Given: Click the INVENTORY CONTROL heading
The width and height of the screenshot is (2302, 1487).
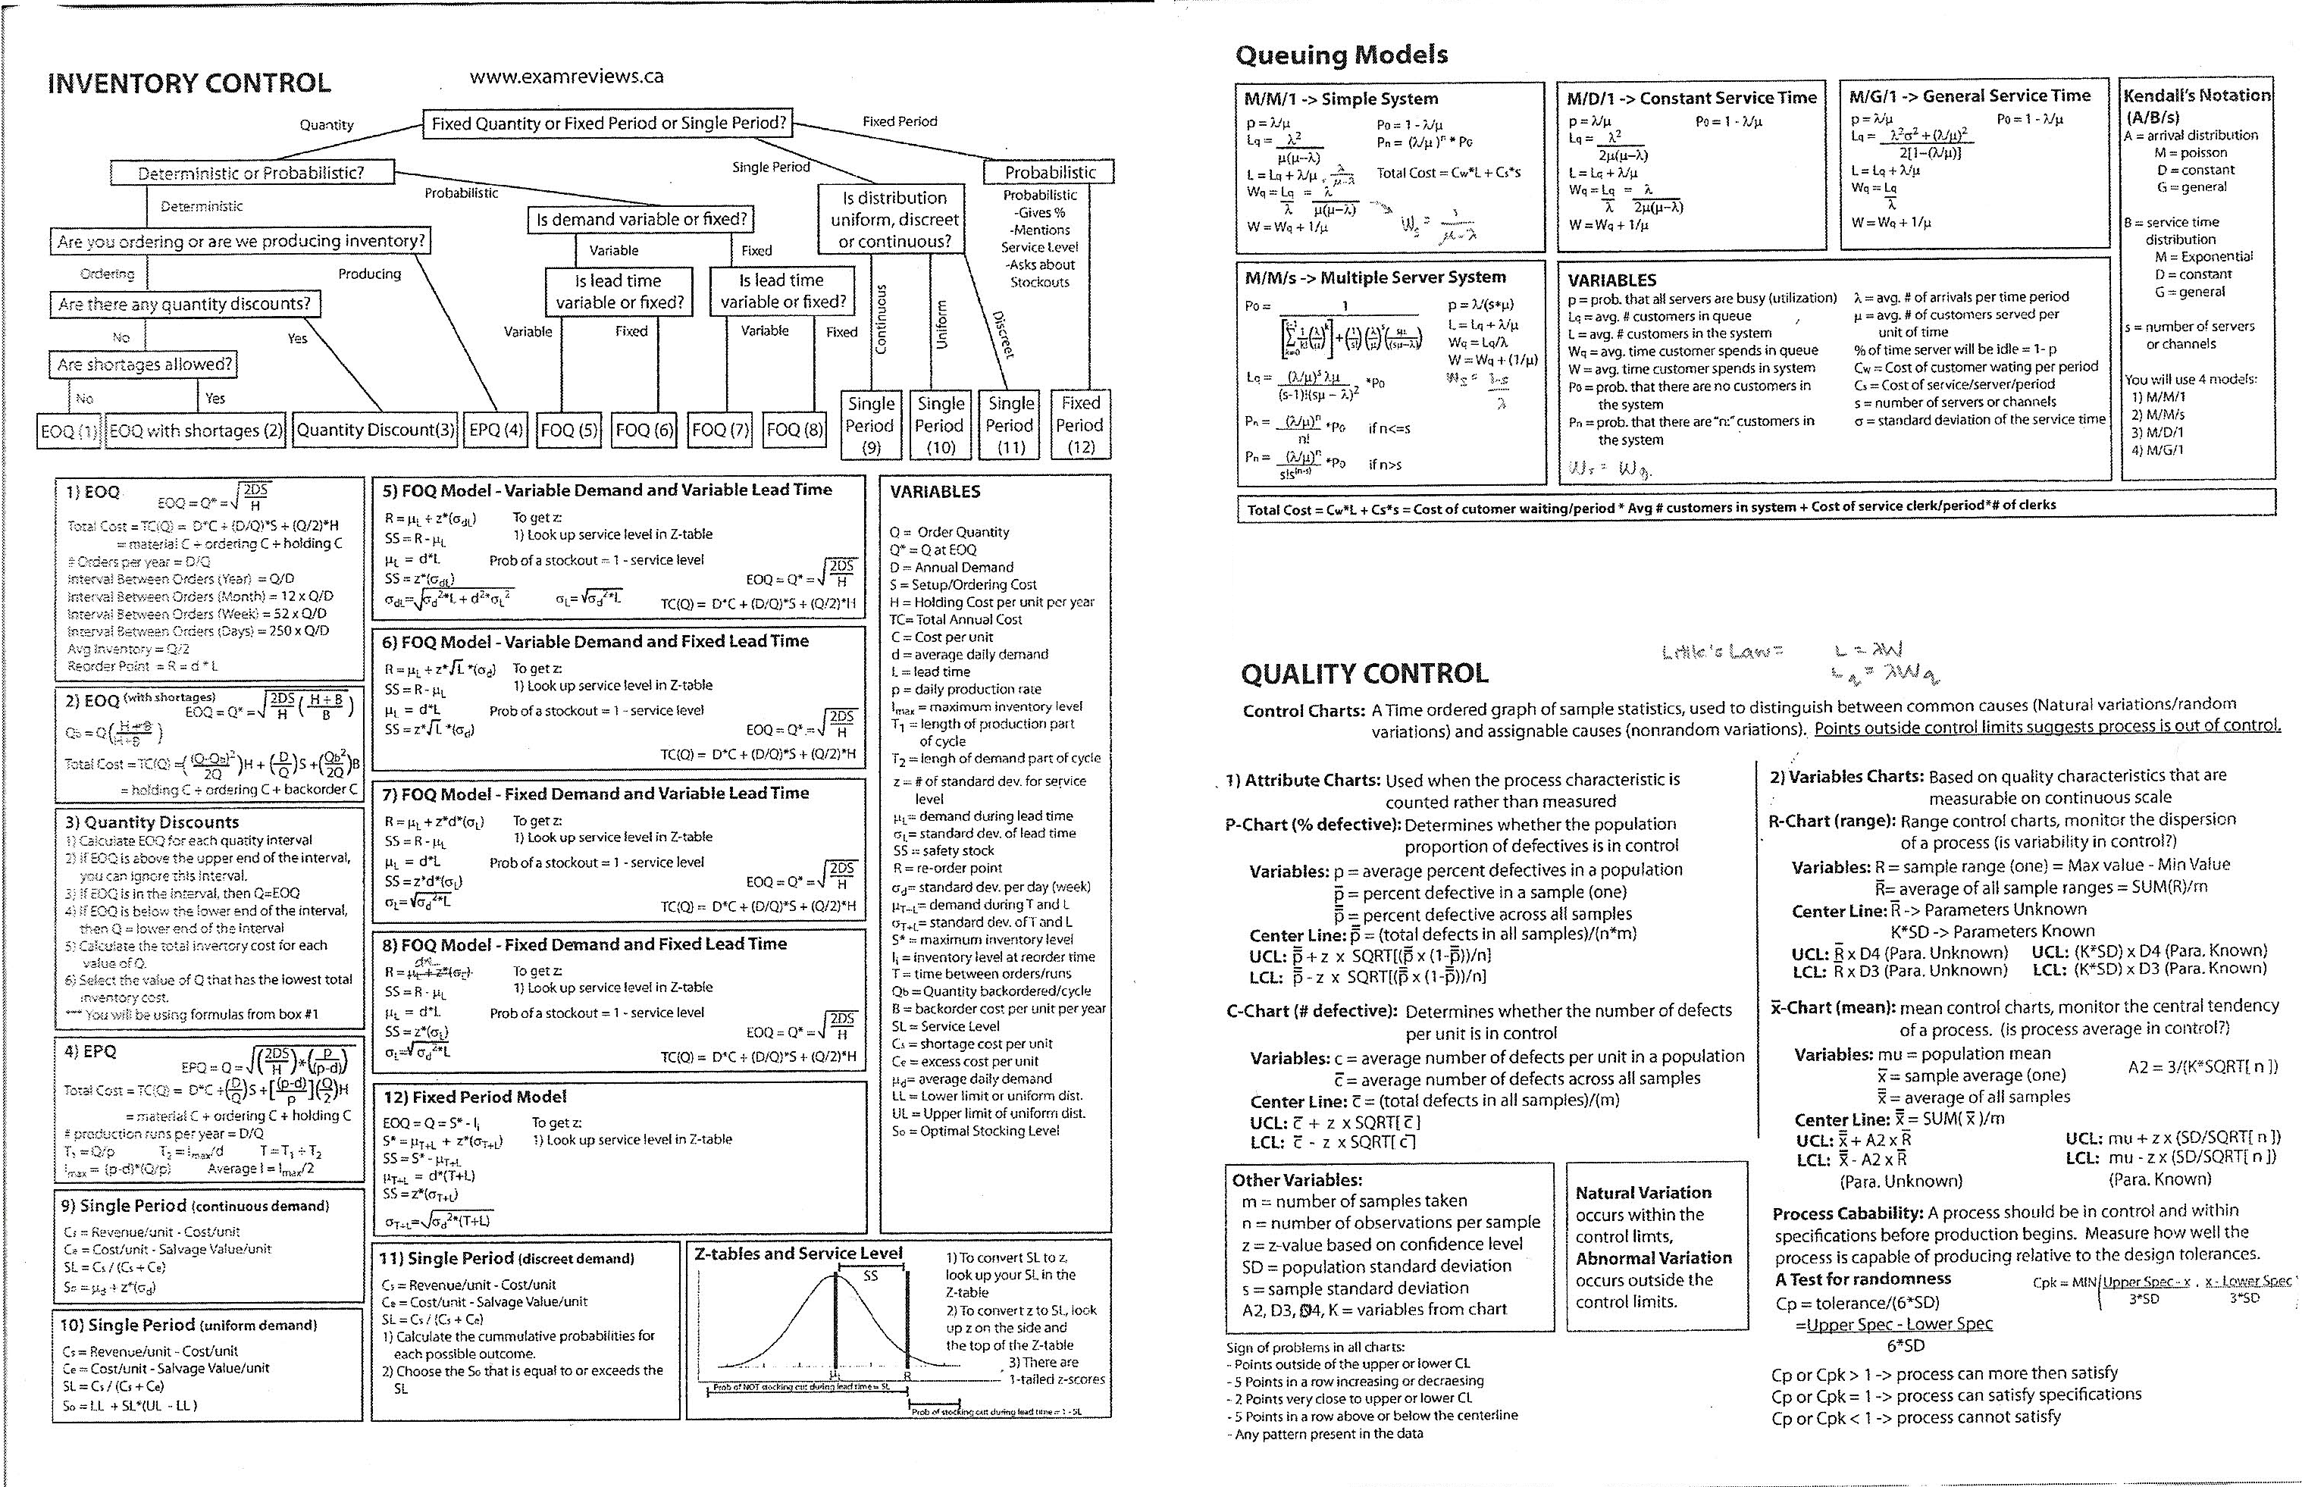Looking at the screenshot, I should (x=189, y=83).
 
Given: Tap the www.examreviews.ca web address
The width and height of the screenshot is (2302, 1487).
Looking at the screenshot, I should (x=567, y=77).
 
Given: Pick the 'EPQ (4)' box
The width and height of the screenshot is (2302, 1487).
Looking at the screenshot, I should (x=496, y=430).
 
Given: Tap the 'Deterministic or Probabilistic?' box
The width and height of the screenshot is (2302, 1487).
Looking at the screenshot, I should (x=251, y=174).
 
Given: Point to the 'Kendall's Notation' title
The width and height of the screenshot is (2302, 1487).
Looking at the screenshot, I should (x=2197, y=95).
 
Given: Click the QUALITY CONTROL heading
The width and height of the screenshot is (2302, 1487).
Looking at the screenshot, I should (x=1364, y=673).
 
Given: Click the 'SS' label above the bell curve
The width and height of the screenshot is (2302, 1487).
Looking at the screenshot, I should (x=871, y=1276).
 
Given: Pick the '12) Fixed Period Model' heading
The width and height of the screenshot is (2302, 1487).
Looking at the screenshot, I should (x=475, y=1097).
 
